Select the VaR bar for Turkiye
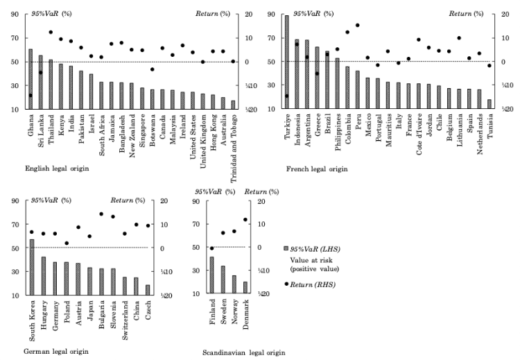286,62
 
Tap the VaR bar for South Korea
32,267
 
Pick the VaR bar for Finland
212,275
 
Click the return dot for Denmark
245,220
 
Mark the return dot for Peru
358,26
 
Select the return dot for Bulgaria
101,214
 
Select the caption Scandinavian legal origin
243,352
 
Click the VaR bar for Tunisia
489,104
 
